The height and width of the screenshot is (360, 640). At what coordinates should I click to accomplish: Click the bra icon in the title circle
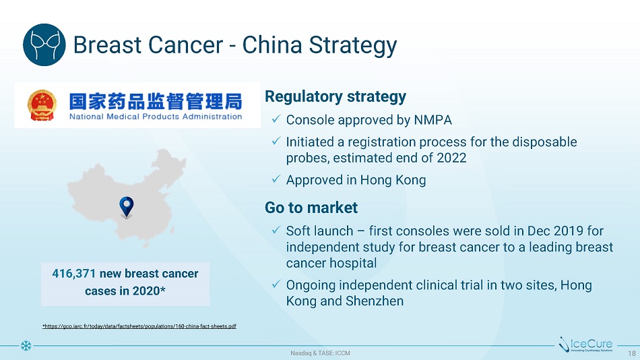pyautogui.click(x=44, y=45)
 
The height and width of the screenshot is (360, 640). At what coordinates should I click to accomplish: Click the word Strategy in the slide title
pyautogui.click(x=352, y=46)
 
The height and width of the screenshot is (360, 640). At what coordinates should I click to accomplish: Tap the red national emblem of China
pyautogui.click(x=42, y=105)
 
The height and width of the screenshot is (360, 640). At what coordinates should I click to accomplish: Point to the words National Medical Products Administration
pyautogui.click(x=156, y=117)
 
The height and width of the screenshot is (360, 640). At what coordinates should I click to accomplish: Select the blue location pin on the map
pyautogui.click(x=127, y=207)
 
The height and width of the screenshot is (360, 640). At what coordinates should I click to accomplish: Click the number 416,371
pyautogui.click(x=74, y=274)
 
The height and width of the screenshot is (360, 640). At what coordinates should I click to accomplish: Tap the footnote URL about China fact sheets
pyautogui.click(x=139, y=326)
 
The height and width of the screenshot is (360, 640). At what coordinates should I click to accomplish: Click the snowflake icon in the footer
pyautogui.click(x=26, y=346)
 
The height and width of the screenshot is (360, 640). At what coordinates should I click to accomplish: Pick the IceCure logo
pyautogui.click(x=587, y=344)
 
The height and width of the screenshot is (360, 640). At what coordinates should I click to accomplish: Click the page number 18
pyautogui.click(x=632, y=353)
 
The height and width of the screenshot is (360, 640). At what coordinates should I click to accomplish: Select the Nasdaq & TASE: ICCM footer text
pyautogui.click(x=321, y=353)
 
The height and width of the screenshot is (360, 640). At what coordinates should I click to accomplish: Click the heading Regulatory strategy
pyautogui.click(x=335, y=96)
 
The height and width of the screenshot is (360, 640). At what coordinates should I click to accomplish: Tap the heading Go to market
pyautogui.click(x=311, y=208)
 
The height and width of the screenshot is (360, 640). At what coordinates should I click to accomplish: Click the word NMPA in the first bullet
pyautogui.click(x=433, y=120)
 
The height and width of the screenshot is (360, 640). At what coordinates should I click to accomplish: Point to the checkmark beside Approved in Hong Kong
pyautogui.click(x=276, y=179)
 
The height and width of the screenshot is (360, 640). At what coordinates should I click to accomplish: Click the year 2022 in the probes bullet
pyautogui.click(x=451, y=158)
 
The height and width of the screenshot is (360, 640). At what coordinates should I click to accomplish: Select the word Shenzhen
pyautogui.click(x=375, y=301)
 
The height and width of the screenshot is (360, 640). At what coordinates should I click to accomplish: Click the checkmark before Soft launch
pyautogui.click(x=276, y=230)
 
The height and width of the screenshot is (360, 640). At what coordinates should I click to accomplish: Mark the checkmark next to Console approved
pyautogui.click(x=276, y=119)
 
